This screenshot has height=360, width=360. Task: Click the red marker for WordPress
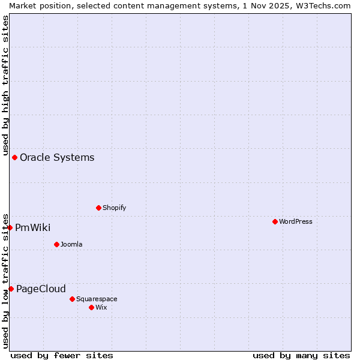(x=275, y=221)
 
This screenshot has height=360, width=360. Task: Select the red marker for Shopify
(x=98, y=208)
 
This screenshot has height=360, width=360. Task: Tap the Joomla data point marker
(x=56, y=244)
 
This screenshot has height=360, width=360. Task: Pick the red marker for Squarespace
(x=72, y=299)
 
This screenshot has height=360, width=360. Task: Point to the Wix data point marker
(x=91, y=307)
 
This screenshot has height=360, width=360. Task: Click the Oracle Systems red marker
(x=14, y=157)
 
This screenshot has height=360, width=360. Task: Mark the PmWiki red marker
(x=10, y=227)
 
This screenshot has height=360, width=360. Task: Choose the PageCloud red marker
(x=11, y=289)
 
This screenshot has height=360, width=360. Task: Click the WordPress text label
(x=296, y=221)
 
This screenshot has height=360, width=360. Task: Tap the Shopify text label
(x=114, y=208)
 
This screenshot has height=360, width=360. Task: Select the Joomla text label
(x=71, y=244)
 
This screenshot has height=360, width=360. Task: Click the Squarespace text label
(x=97, y=299)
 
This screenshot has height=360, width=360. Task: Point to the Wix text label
(x=101, y=307)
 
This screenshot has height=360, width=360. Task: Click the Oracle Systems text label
(x=57, y=157)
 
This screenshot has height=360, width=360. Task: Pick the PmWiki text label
(x=32, y=227)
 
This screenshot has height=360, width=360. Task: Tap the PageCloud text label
(x=41, y=289)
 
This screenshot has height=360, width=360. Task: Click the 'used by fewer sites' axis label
(x=62, y=355)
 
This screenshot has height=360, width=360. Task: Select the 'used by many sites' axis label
(x=301, y=355)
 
